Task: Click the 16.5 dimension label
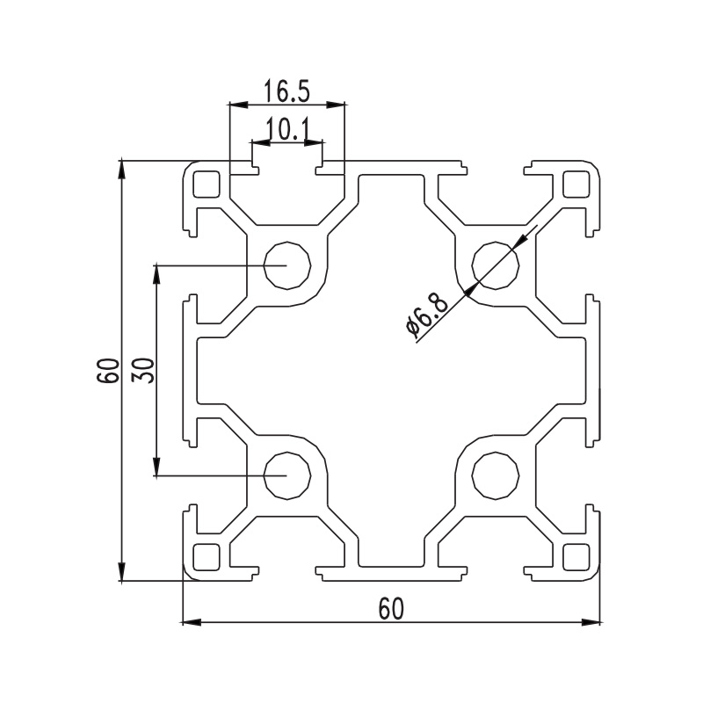[x=286, y=91]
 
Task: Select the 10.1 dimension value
[x=287, y=129]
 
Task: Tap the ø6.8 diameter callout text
[x=426, y=315]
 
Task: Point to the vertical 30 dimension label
[x=143, y=370]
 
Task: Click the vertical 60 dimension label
[x=107, y=370]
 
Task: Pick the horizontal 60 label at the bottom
[x=391, y=609]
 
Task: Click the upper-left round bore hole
[x=287, y=265]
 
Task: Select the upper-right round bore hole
[x=496, y=265]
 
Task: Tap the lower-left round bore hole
[x=287, y=475]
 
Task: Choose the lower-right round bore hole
[x=496, y=475]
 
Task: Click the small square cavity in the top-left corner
[x=207, y=185]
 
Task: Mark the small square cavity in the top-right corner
[x=576, y=185]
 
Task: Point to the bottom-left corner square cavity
[x=207, y=557]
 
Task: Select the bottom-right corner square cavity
[x=576, y=557]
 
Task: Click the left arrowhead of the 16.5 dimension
[x=238, y=105]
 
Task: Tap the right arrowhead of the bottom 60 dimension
[x=591, y=622]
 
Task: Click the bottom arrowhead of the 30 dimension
[x=156, y=466]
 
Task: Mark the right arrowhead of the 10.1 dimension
[x=314, y=142]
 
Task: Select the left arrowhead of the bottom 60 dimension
[x=191, y=622]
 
